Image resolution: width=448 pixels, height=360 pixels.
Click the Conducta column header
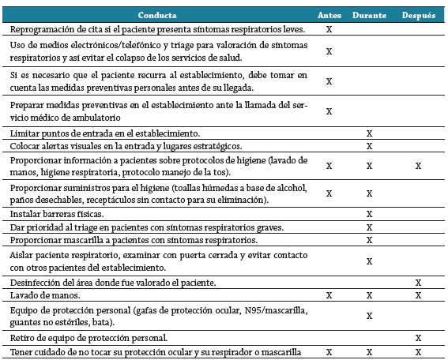coord(157,15)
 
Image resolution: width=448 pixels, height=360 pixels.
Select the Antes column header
coord(329,15)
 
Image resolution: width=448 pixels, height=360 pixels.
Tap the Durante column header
coord(368,15)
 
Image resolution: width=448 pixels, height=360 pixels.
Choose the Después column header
coord(418,15)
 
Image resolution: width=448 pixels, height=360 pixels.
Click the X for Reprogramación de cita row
coord(329,29)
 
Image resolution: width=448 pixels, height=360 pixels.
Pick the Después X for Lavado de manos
coord(418,294)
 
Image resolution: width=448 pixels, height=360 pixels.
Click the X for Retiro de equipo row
coord(418,338)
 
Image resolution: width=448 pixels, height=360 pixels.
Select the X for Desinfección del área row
coord(418,282)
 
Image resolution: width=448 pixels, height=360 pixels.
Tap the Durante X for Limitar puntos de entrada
coord(369,133)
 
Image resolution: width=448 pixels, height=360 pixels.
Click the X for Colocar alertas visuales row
coord(369,146)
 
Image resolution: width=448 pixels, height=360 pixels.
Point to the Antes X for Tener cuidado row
coord(329,351)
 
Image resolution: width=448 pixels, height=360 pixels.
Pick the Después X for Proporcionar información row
coord(418,167)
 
